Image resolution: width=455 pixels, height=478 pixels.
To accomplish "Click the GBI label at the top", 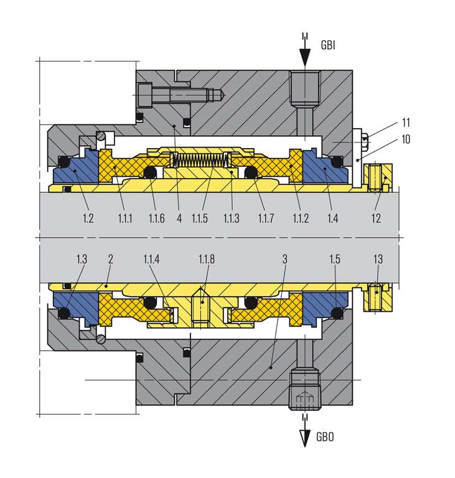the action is [328, 45].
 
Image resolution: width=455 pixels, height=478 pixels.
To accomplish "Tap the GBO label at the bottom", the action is [325, 437].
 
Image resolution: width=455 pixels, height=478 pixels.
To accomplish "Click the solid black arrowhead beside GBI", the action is [304, 57].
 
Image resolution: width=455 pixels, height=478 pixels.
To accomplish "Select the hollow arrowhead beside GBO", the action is [304, 438].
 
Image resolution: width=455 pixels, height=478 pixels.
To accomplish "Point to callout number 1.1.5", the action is [200, 218].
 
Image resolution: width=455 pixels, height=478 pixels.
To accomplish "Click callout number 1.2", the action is [88, 218].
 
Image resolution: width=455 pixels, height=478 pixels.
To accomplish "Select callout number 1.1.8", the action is [207, 259].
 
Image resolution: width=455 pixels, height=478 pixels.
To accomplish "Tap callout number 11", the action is [406, 123].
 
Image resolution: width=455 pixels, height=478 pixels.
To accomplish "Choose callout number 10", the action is [406, 139].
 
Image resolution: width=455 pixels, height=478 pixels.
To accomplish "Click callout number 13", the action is [378, 259].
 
